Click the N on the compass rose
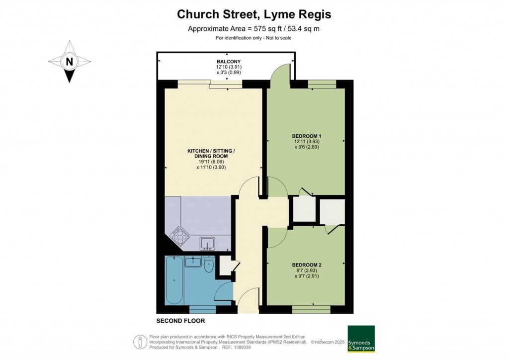click(x=69, y=62)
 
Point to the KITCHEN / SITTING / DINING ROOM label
click(x=211, y=154)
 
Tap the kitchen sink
click(x=207, y=243)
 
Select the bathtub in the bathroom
click(x=174, y=281)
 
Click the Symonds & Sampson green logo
click(x=361, y=339)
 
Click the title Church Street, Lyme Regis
click(x=254, y=15)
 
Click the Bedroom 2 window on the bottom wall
click(x=311, y=309)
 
